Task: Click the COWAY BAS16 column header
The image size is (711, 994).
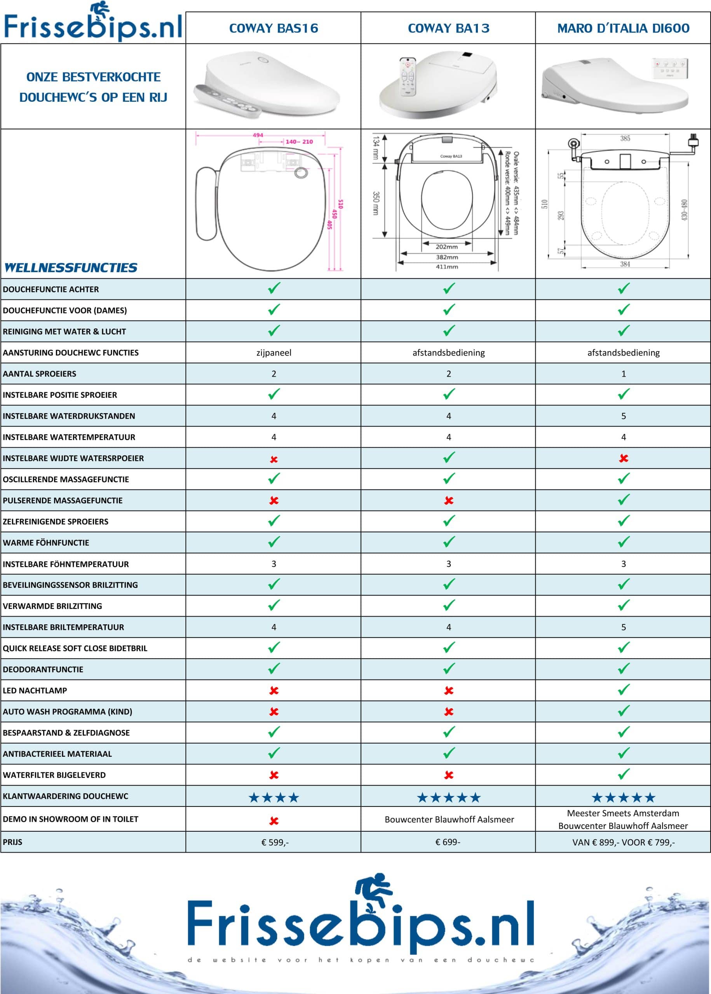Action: click(274, 28)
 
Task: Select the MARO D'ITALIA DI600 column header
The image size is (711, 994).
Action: click(623, 28)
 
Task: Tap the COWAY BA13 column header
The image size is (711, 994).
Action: click(448, 28)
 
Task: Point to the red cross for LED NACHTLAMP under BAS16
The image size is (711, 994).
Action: click(274, 691)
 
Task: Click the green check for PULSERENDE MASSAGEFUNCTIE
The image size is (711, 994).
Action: click(624, 500)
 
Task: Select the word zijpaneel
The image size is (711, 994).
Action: click(274, 353)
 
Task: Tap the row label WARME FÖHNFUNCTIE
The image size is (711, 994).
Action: click(46, 543)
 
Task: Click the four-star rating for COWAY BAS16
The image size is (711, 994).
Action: click(274, 798)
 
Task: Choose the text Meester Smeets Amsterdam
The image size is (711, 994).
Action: click(623, 813)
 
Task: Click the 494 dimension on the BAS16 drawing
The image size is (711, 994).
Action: click(258, 135)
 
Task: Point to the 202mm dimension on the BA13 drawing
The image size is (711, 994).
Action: click(446, 247)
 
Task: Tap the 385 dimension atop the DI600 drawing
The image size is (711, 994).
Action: click(625, 138)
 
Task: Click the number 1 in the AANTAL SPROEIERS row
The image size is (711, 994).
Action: click(624, 374)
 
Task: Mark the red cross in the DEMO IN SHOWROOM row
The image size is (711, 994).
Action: click(274, 821)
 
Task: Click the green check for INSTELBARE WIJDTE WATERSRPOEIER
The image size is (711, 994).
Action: click(449, 458)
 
